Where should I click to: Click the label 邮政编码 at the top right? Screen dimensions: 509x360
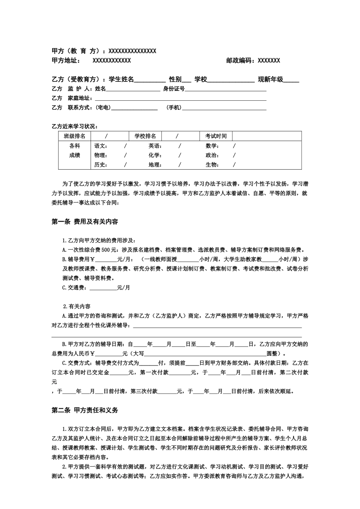[x=240, y=61]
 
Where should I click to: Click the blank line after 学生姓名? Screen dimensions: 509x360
[x=150, y=80]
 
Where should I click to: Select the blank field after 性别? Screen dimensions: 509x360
[x=187, y=80]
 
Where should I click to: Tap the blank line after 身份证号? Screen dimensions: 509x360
[x=225, y=89]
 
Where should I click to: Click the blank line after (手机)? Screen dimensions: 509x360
[x=224, y=108]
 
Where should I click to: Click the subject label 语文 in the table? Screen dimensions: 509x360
[x=100, y=146]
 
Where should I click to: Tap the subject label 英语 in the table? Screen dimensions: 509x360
[x=155, y=146]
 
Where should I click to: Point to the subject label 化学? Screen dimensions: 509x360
[x=155, y=155]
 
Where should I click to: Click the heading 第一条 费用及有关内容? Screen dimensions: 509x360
[x=85, y=222]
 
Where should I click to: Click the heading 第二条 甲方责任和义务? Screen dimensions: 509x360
[x=85, y=410]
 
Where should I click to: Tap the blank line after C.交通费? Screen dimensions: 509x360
[x=102, y=288]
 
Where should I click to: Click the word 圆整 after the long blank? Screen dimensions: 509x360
[x=273, y=354]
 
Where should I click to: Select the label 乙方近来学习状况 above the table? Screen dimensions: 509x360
[x=75, y=126]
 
